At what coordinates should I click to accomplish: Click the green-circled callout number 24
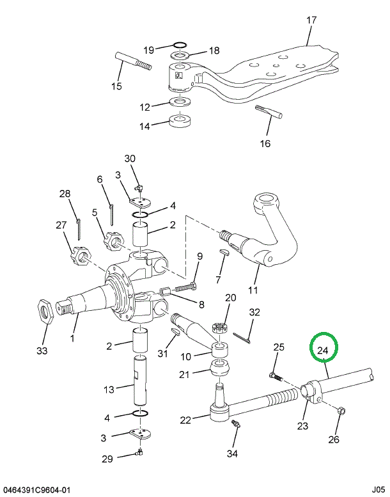[323, 351]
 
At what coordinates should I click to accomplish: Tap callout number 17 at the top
[311, 20]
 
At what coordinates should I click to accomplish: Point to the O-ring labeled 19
[180, 45]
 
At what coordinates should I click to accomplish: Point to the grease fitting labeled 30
[138, 187]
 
